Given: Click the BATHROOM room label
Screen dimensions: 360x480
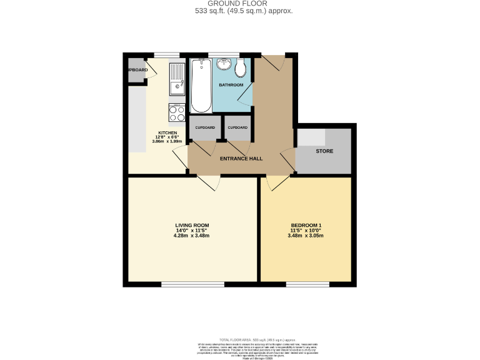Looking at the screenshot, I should (x=231, y=84).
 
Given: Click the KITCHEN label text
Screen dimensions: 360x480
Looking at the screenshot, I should (x=167, y=133).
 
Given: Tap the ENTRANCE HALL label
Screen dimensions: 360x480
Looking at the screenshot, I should (x=241, y=159).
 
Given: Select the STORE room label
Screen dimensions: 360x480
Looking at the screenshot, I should (x=324, y=151).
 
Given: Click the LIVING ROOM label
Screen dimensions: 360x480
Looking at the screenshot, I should (x=192, y=225).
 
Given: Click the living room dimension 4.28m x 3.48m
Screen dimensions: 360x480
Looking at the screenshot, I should (x=192, y=236).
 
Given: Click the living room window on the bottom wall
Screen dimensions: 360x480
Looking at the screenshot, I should (x=185, y=284).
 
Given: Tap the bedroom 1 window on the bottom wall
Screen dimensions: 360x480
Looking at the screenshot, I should (x=307, y=284).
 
